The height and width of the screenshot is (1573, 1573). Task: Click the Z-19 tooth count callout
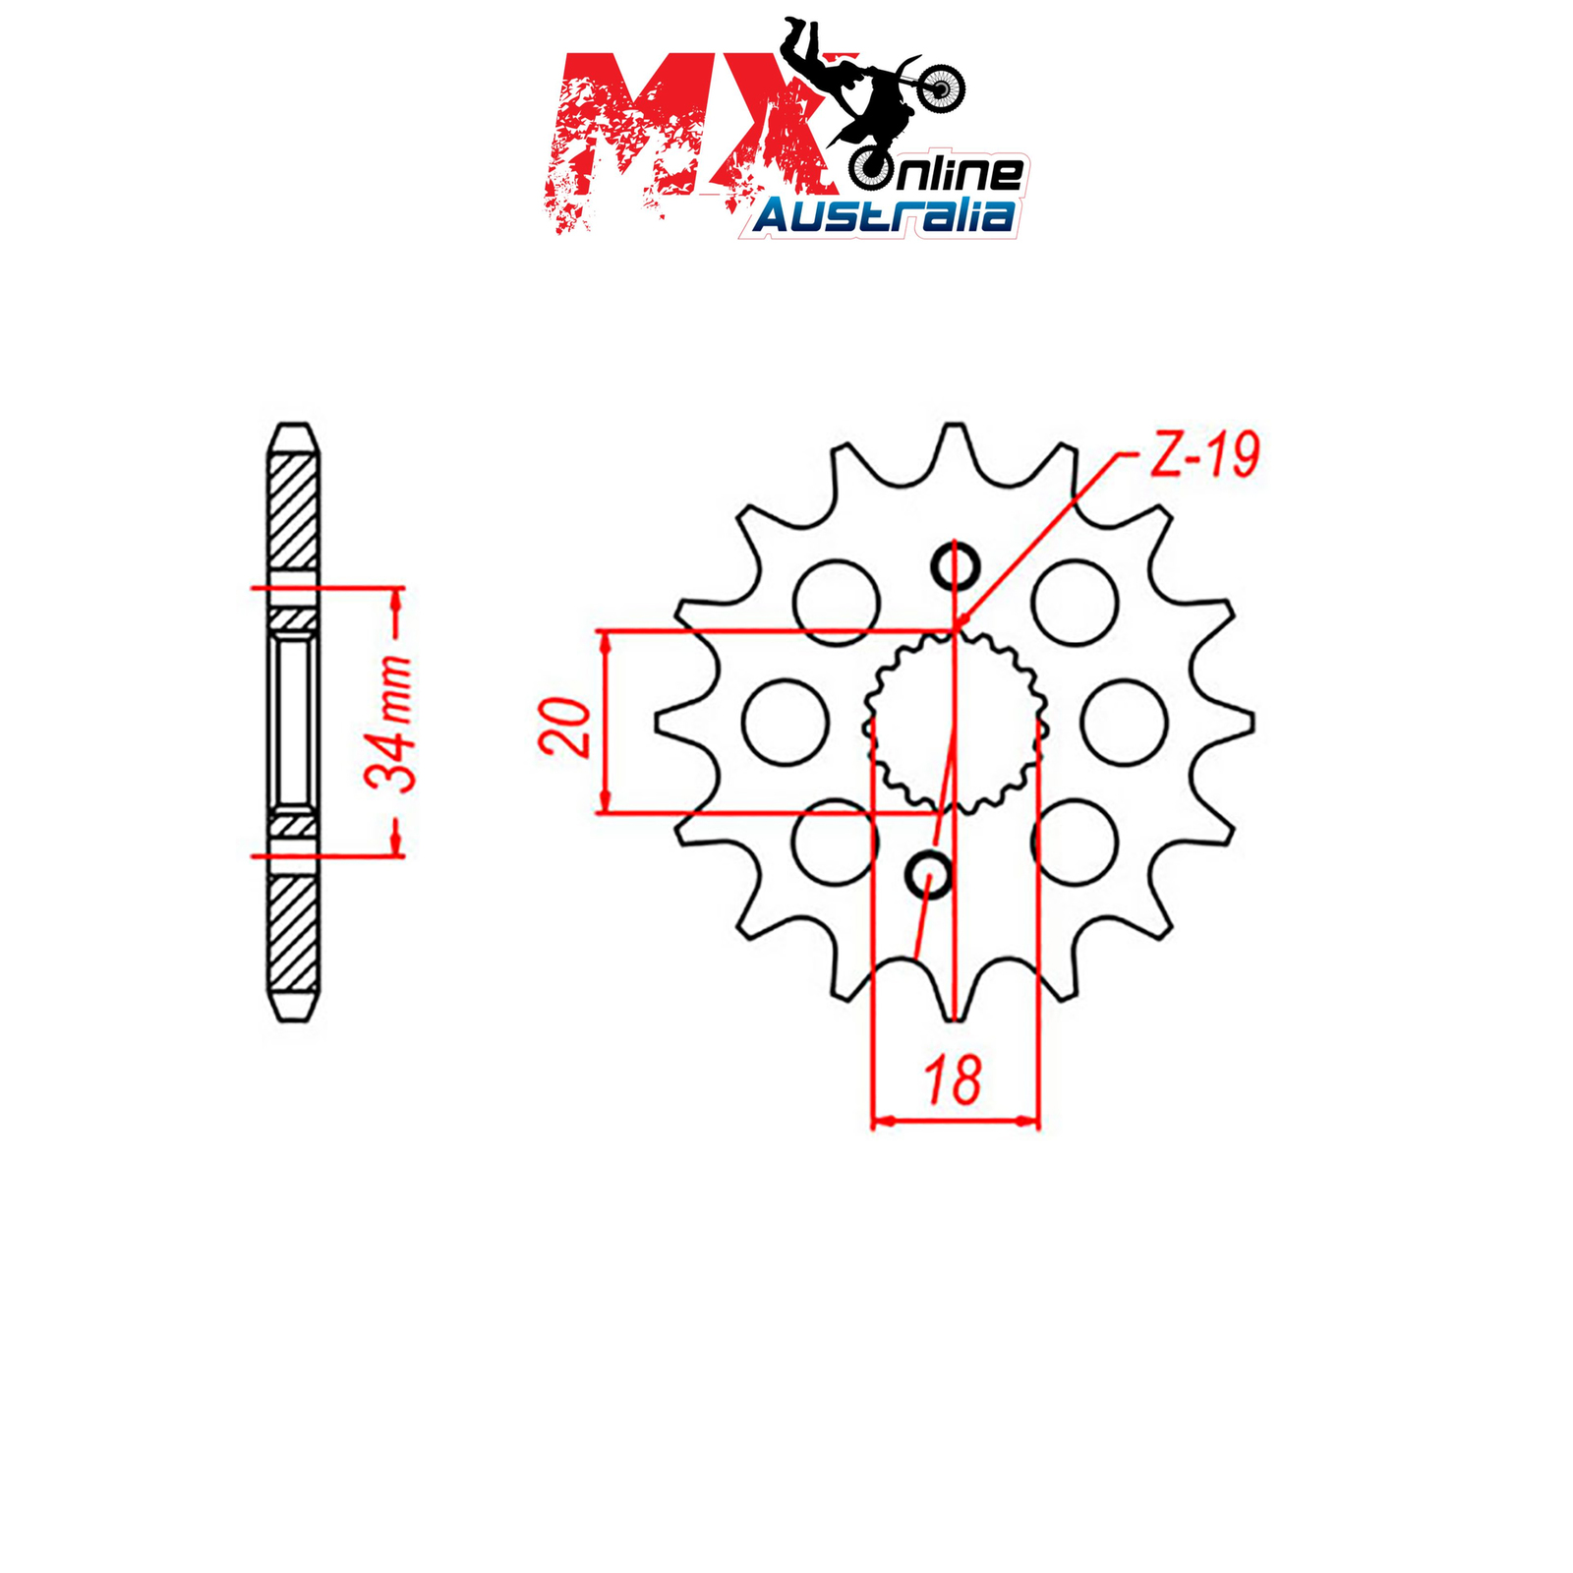tap(1204, 455)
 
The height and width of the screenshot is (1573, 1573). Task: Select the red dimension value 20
tap(565, 728)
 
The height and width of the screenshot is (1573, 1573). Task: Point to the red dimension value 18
tap(953, 1079)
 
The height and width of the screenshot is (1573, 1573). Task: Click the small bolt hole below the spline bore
tap(927, 874)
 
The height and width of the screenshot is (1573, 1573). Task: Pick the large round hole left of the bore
tap(786, 722)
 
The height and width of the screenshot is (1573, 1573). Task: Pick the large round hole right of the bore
tap(1124, 722)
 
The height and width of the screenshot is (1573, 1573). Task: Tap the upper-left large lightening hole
tap(836, 603)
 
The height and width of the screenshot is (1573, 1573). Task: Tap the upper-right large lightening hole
tap(1076, 603)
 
